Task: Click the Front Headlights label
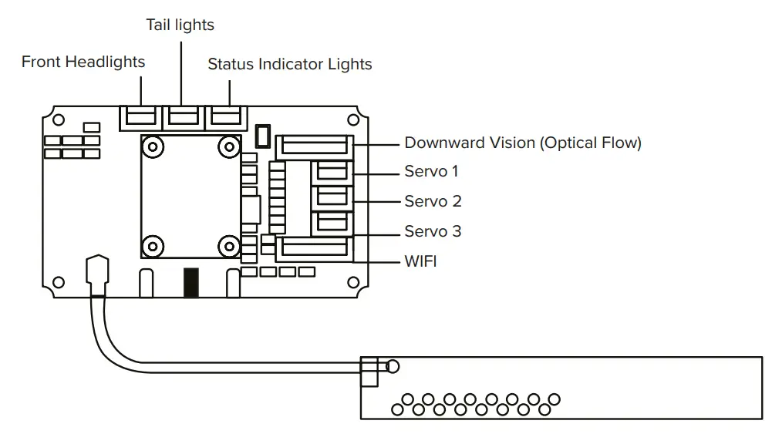(x=83, y=62)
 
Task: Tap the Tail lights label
(x=180, y=25)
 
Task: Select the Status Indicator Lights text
(x=290, y=65)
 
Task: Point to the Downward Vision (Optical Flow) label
(x=523, y=143)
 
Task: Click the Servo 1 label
(x=431, y=171)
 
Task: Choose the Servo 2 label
(x=433, y=201)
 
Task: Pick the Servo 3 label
(x=433, y=231)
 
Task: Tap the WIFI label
(x=420, y=261)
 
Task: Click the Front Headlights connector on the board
(x=140, y=118)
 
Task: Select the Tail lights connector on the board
(x=183, y=118)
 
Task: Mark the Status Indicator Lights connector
(x=225, y=118)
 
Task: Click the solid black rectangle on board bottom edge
(x=191, y=283)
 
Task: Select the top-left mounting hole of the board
(x=59, y=119)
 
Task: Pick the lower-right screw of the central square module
(x=228, y=247)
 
